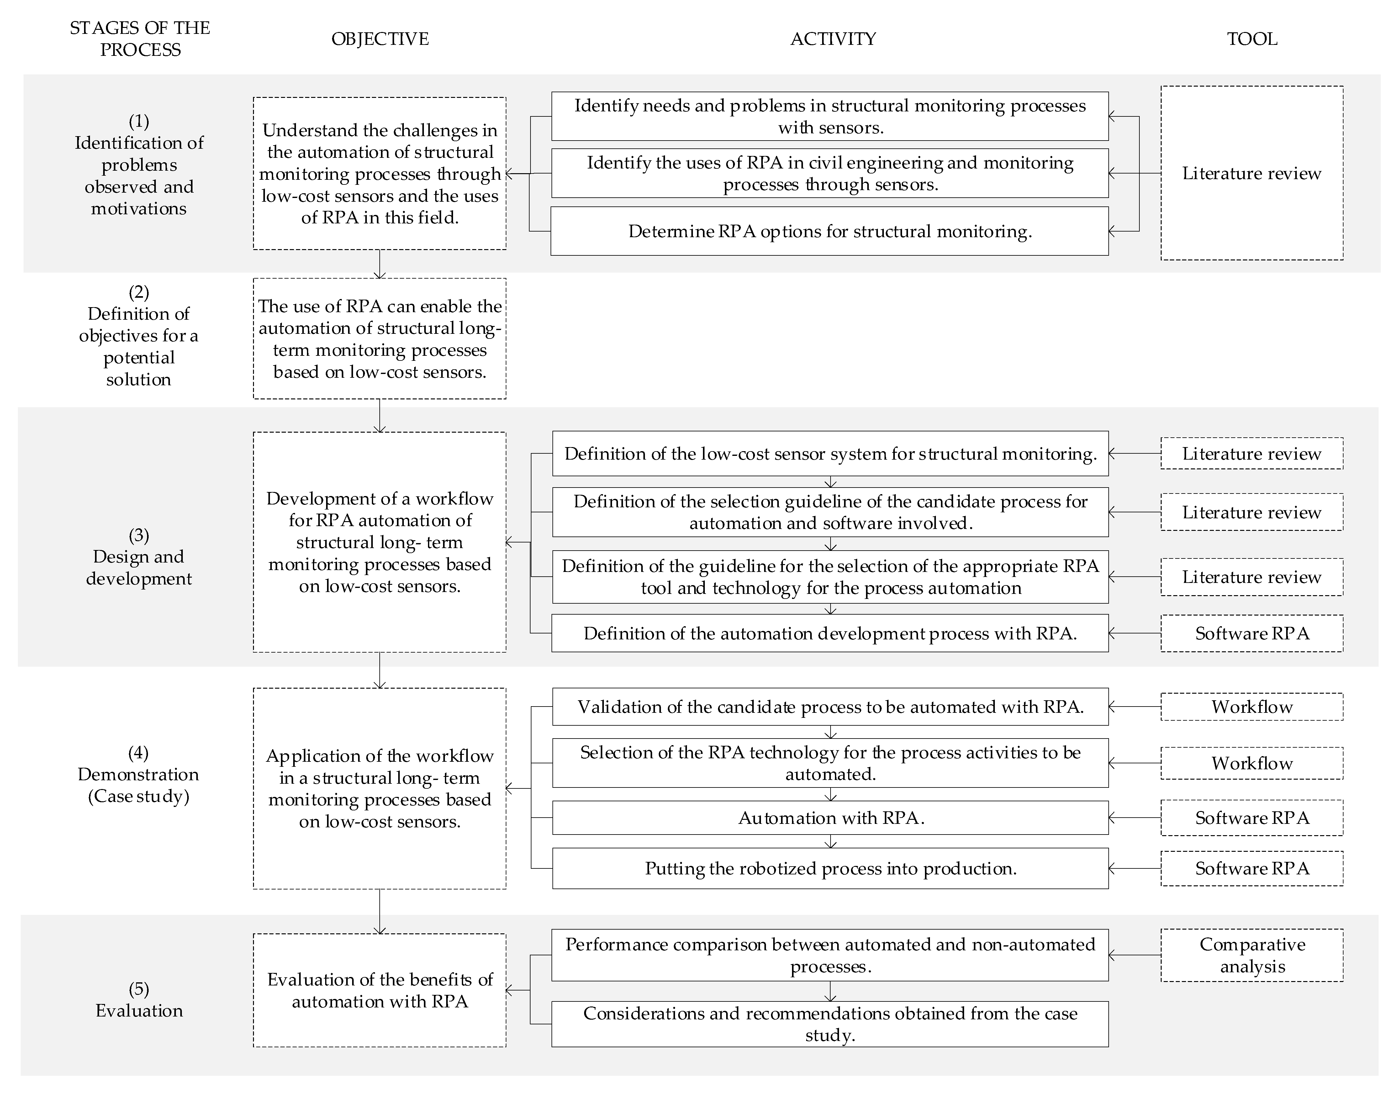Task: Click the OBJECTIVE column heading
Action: tap(380, 39)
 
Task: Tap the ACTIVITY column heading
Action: tap(833, 39)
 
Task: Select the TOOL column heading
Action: tap(1252, 39)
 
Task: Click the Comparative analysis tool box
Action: tap(1252, 955)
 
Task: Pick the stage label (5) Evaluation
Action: tap(139, 1000)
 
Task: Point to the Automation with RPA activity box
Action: tap(830, 818)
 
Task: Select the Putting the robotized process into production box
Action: tap(830, 868)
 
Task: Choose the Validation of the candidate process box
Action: tap(830, 707)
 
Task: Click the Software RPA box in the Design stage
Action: tap(1252, 633)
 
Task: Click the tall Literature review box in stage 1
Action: tap(1252, 173)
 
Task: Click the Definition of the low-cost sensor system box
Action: tap(830, 454)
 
